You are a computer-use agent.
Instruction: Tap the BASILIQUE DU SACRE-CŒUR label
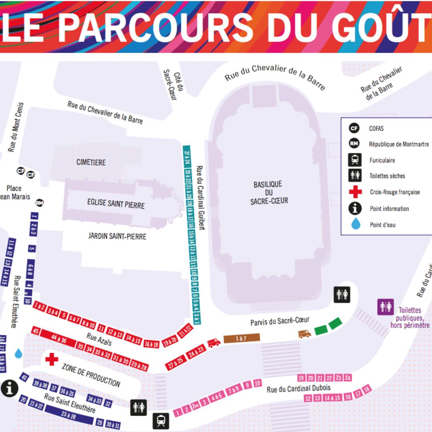coord(268,192)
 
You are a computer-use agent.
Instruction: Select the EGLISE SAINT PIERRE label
coord(116,204)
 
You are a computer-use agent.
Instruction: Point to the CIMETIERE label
coord(91,162)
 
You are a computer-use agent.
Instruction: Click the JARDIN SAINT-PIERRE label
coord(117,236)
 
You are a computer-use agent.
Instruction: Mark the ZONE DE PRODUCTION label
coord(91,375)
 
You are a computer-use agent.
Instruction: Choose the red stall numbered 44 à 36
coord(59,339)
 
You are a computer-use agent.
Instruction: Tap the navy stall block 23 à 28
coord(68,416)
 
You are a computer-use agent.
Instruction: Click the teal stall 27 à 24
coord(186,158)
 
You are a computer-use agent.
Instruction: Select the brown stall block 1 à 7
coord(241,338)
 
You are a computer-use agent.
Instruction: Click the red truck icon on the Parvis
coord(214,343)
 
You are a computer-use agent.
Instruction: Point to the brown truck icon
coord(304,334)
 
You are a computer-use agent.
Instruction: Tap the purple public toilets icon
coord(386,307)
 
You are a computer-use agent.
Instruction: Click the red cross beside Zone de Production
coord(52,359)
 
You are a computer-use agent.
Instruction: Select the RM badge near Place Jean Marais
coord(40,203)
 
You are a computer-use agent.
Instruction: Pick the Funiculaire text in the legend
coord(382,160)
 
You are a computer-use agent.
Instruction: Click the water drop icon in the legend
coord(355,224)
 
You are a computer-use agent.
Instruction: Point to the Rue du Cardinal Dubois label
coord(298,388)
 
